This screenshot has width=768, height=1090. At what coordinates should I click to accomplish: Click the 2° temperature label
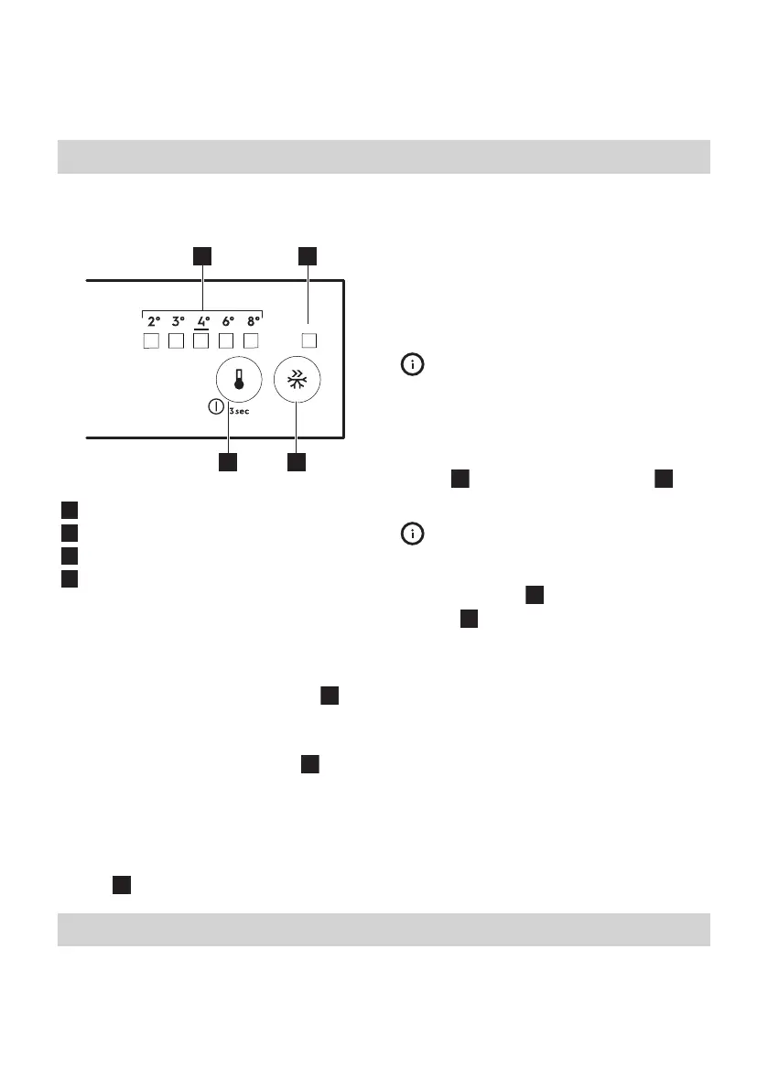click(x=154, y=321)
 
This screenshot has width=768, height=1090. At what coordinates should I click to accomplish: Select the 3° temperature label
click(x=178, y=321)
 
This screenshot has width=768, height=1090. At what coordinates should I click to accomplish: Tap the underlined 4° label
click(x=203, y=321)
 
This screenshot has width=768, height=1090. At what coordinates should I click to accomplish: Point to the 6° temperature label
click(x=229, y=321)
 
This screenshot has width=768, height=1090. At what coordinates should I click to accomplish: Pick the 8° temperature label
click(x=254, y=321)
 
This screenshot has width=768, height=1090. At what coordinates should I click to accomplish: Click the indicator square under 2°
click(x=153, y=342)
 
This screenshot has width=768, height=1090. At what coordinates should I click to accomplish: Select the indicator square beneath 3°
click(x=178, y=342)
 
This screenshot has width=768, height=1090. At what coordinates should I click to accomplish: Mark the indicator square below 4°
click(x=203, y=342)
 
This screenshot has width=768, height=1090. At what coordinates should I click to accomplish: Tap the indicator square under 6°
click(x=228, y=342)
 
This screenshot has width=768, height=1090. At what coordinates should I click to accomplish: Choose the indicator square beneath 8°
click(x=254, y=342)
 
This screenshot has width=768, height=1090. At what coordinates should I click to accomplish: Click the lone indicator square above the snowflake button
click(x=309, y=341)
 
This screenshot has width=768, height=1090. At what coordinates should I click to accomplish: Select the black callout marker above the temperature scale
click(x=202, y=255)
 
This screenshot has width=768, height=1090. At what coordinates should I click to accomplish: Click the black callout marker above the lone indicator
click(x=308, y=255)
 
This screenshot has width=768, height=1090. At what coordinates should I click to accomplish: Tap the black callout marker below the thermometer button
click(x=228, y=463)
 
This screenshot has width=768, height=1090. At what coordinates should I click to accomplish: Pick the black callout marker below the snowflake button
click(x=296, y=463)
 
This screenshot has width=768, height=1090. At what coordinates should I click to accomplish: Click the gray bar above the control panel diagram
click(x=384, y=156)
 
